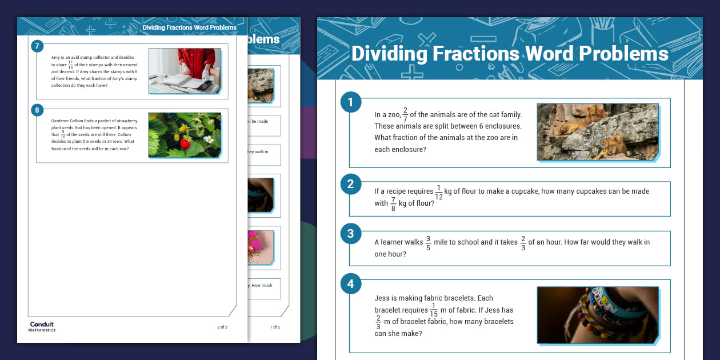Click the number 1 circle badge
click(x=351, y=103)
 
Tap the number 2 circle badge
click(x=351, y=184)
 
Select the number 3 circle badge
click(x=351, y=233)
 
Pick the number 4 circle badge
click(x=351, y=283)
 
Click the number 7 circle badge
click(x=38, y=46)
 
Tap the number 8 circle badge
click(x=38, y=111)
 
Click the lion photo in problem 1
click(x=598, y=131)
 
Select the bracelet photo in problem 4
click(x=598, y=315)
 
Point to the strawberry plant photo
click(x=185, y=135)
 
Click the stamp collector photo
click(x=185, y=70)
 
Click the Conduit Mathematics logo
click(x=42, y=326)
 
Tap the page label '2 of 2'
click(x=222, y=327)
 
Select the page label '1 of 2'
click(x=275, y=327)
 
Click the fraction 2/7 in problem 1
click(x=405, y=115)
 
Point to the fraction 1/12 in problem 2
click(x=439, y=192)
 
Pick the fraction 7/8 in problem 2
click(x=393, y=203)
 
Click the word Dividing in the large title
click(x=389, y=54)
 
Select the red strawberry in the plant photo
click(x=185, y=144)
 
